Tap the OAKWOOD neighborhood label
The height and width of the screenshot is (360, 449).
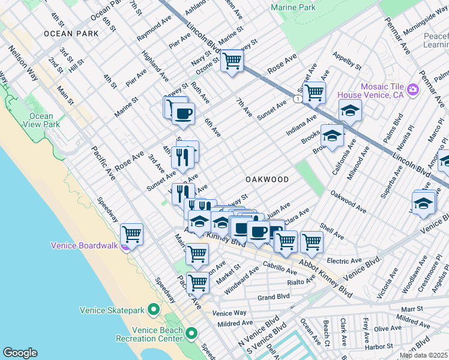pyautogui.click(x=267, y=179)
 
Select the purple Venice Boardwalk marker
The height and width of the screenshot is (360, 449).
pyautogui.click(x=125, y=245)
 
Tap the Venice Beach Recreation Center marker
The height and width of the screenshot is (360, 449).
pyautogui.click(x=191, y=333)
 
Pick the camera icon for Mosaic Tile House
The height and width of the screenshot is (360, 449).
pyautogui.click(x=412, y=90)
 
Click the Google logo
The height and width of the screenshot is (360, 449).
pyautogui.click(x=20, y=353)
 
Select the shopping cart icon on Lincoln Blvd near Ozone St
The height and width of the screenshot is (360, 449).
pyautogui.click(x=232, y=61)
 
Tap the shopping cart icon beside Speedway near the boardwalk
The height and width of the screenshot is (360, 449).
pyautogui.click(x=131, y=233)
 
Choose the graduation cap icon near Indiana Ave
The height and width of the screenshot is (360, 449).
pyautogui.click(x=350, y=110)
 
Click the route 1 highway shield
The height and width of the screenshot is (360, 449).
pyautogui.click(x=298, y=98)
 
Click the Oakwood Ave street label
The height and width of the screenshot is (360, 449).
pyautogui.click(x=348, y=202)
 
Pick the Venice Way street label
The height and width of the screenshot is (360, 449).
pyautogui.click(x=229, y=313)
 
